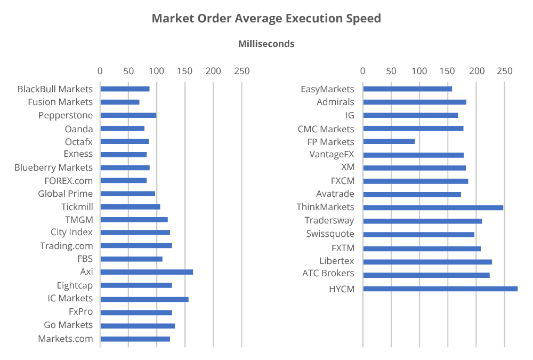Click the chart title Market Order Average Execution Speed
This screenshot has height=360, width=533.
(266, 19)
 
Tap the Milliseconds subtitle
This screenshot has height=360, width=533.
(266, 44)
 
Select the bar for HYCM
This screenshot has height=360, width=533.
(440, 289)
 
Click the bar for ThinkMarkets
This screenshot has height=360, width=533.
(433, 207)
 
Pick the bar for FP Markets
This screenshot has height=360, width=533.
(389, 141)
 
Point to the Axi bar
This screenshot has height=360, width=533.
(147, 272)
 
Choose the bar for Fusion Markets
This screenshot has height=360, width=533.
(120, 102)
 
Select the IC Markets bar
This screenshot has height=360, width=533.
(144, 299)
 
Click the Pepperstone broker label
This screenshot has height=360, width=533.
(66, 115)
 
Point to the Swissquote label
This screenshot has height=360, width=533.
(330, 234)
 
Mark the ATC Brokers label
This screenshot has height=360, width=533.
(328, 273)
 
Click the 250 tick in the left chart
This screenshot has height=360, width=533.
(241, 71)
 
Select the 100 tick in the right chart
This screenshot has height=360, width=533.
(419, 71)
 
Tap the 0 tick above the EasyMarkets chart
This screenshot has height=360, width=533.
(363, 71)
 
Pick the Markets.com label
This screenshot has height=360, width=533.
(65, 339)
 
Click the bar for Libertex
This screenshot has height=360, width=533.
(427, 262)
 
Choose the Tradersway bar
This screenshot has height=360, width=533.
(422, 221)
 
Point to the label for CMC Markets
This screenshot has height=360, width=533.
(326, 129)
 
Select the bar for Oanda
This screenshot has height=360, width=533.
(123, 129)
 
